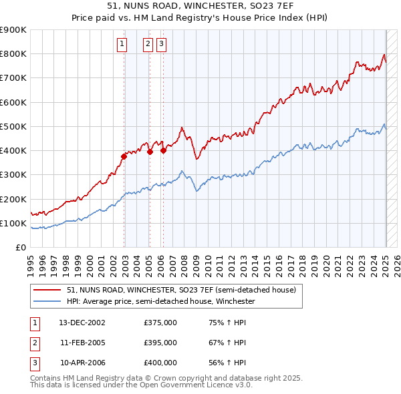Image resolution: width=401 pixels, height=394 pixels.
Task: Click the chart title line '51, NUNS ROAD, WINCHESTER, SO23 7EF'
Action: pyautogui.click(x=200, y=6)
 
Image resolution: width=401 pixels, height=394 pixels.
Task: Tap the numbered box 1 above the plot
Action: pyautogui.click(x=123, y=45)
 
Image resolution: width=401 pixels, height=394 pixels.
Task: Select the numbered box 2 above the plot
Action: pyautogui.click(x=147, y=45)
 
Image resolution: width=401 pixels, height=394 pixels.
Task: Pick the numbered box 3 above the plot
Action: pyautogui.click(x=162, y=45)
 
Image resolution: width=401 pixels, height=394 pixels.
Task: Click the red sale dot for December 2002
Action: pyautogui.click(x=124, y=156)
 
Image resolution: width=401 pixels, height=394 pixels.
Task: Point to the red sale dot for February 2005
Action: pyautogui.click(x=150, y=152)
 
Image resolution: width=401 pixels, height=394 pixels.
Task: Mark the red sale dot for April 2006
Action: pyautogui.click(x=163, y=150)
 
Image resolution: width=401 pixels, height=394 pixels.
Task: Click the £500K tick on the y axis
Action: pyautogui.click(x=13, y=126)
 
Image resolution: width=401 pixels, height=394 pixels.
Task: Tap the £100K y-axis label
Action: pyautogui.click(x=13, y=223)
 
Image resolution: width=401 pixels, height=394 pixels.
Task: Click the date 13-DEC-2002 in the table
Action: pyautogui.click(x=82, y=323)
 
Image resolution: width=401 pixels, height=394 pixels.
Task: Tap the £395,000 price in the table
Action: pyautogui.click(x=160, y=343)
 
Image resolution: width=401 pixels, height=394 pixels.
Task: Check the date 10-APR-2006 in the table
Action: pyautogui.click(x=82, y=363)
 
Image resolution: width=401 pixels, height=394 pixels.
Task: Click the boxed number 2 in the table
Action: pyautogui.click(x=35, y=343)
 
